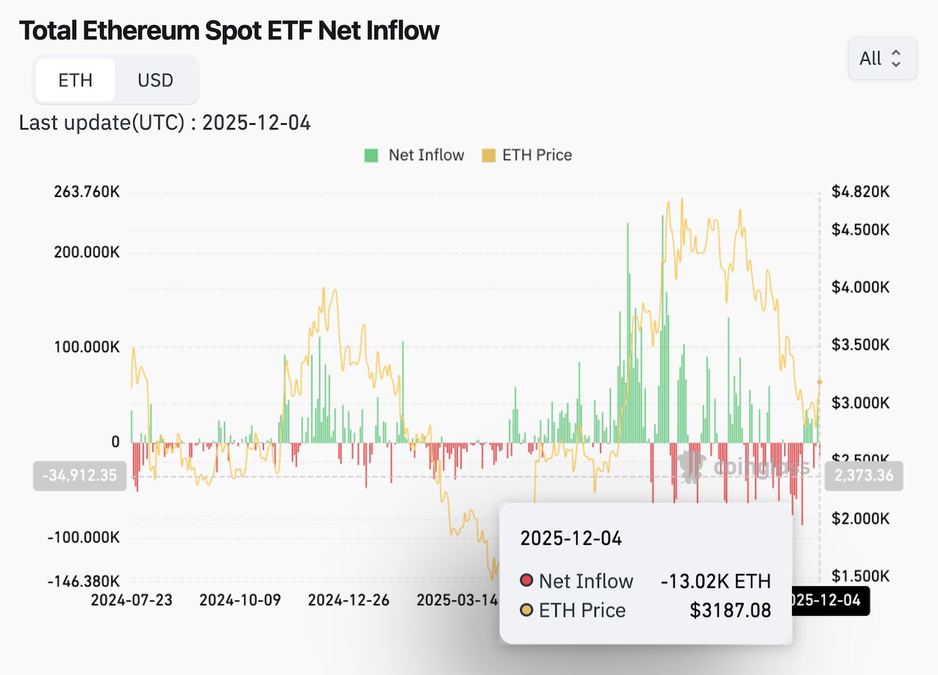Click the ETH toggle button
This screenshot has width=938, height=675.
click(75, 80)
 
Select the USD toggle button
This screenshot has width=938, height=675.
click(155, 80)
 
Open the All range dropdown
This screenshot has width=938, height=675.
click(882, 58)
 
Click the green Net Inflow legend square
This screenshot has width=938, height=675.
click(371, 155)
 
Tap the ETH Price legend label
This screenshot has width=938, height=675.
click(536, 155)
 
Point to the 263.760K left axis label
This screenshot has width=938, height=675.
click(87, 192)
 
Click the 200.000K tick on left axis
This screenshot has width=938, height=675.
click(87, 252)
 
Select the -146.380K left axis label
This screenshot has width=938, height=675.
click(84, 581)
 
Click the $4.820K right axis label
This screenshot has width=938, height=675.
click(860, 191)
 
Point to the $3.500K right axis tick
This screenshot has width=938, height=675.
click(860, 344)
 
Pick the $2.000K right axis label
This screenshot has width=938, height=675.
click(860, 518)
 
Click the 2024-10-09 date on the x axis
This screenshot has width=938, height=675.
click(240, 600)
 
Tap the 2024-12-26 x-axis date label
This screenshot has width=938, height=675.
click(348, 600)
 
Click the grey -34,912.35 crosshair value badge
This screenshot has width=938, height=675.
click(80, 475)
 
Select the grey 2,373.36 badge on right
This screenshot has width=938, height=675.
click(864, 475)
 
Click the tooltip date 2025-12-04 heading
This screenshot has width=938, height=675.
click(571, 538)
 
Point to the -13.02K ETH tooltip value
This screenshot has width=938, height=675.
click(715, 581)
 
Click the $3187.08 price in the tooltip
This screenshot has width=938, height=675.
click(730, 610)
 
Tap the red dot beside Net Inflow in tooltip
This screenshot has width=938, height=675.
click(526, 581)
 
